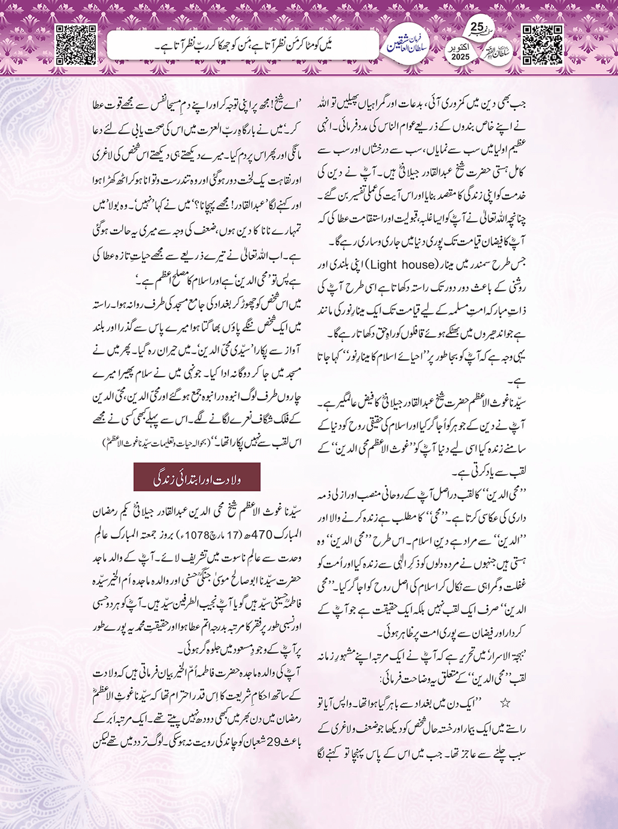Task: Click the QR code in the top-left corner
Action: coord(76,44)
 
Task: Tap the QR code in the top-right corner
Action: coord(542,44)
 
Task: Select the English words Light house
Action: coord(402,264)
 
